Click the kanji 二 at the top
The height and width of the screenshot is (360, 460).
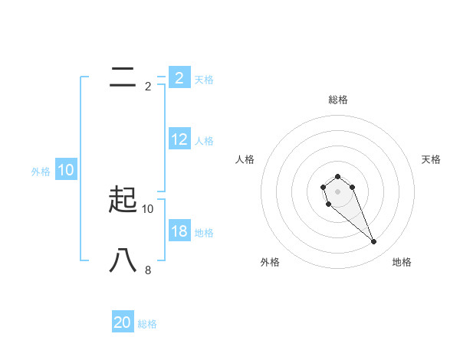[x=123, y=76]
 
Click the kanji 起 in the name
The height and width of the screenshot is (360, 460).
[x=123, y=199]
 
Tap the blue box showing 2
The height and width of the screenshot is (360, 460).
[x=179, y=78]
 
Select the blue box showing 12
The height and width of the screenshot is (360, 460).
[x=179, y=139]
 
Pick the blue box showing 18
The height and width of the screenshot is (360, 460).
[x=179, y=231]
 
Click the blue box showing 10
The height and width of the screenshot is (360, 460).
[x=66, y=171]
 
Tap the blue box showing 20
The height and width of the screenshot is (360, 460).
[x=123, y=322]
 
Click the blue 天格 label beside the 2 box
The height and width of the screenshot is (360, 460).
[x=204, y=80]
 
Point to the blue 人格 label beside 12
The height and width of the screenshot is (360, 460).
[x=204, y=141]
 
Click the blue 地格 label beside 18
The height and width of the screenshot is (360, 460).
[x=204, y=233]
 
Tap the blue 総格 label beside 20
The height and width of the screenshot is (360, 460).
[x=147, y=324]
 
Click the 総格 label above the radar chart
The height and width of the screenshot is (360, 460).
[x=338, y=100]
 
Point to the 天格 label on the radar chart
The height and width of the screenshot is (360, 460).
[x=431, y=159]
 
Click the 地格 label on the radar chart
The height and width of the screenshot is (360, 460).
[x=402, y=262]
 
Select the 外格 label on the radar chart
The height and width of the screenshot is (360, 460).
[x=270, y=262]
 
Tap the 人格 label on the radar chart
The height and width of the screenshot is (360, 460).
[x=245, y=159]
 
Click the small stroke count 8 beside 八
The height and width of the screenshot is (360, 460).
[x=148, y=270]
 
